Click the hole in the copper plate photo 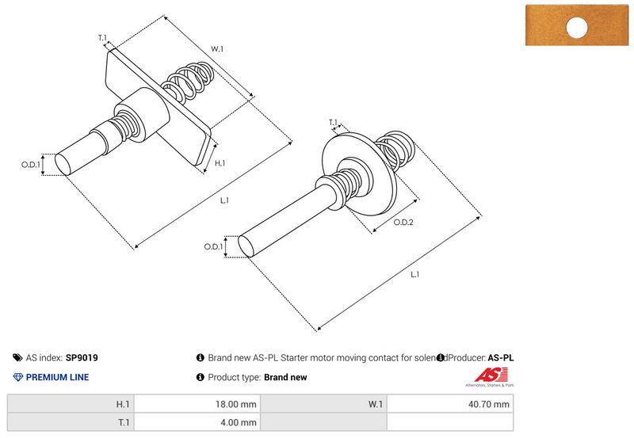[577, 29]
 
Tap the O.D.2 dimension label [403, 223]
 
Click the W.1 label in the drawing [216, 49]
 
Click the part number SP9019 [82, 358]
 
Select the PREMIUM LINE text [57, 377]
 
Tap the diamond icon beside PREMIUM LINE [17, 377]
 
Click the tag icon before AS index [17, 358]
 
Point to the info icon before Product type [200, 378]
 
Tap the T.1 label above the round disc [333, 122]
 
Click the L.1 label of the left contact [224, 200]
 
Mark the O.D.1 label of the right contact [212, 247]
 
